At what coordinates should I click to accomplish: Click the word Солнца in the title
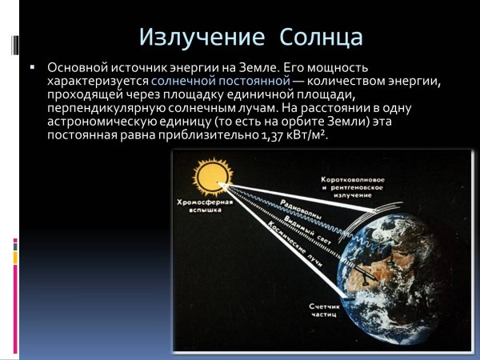[x=322, y=37]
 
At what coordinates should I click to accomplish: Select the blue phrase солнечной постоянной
[x=220, y=82]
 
